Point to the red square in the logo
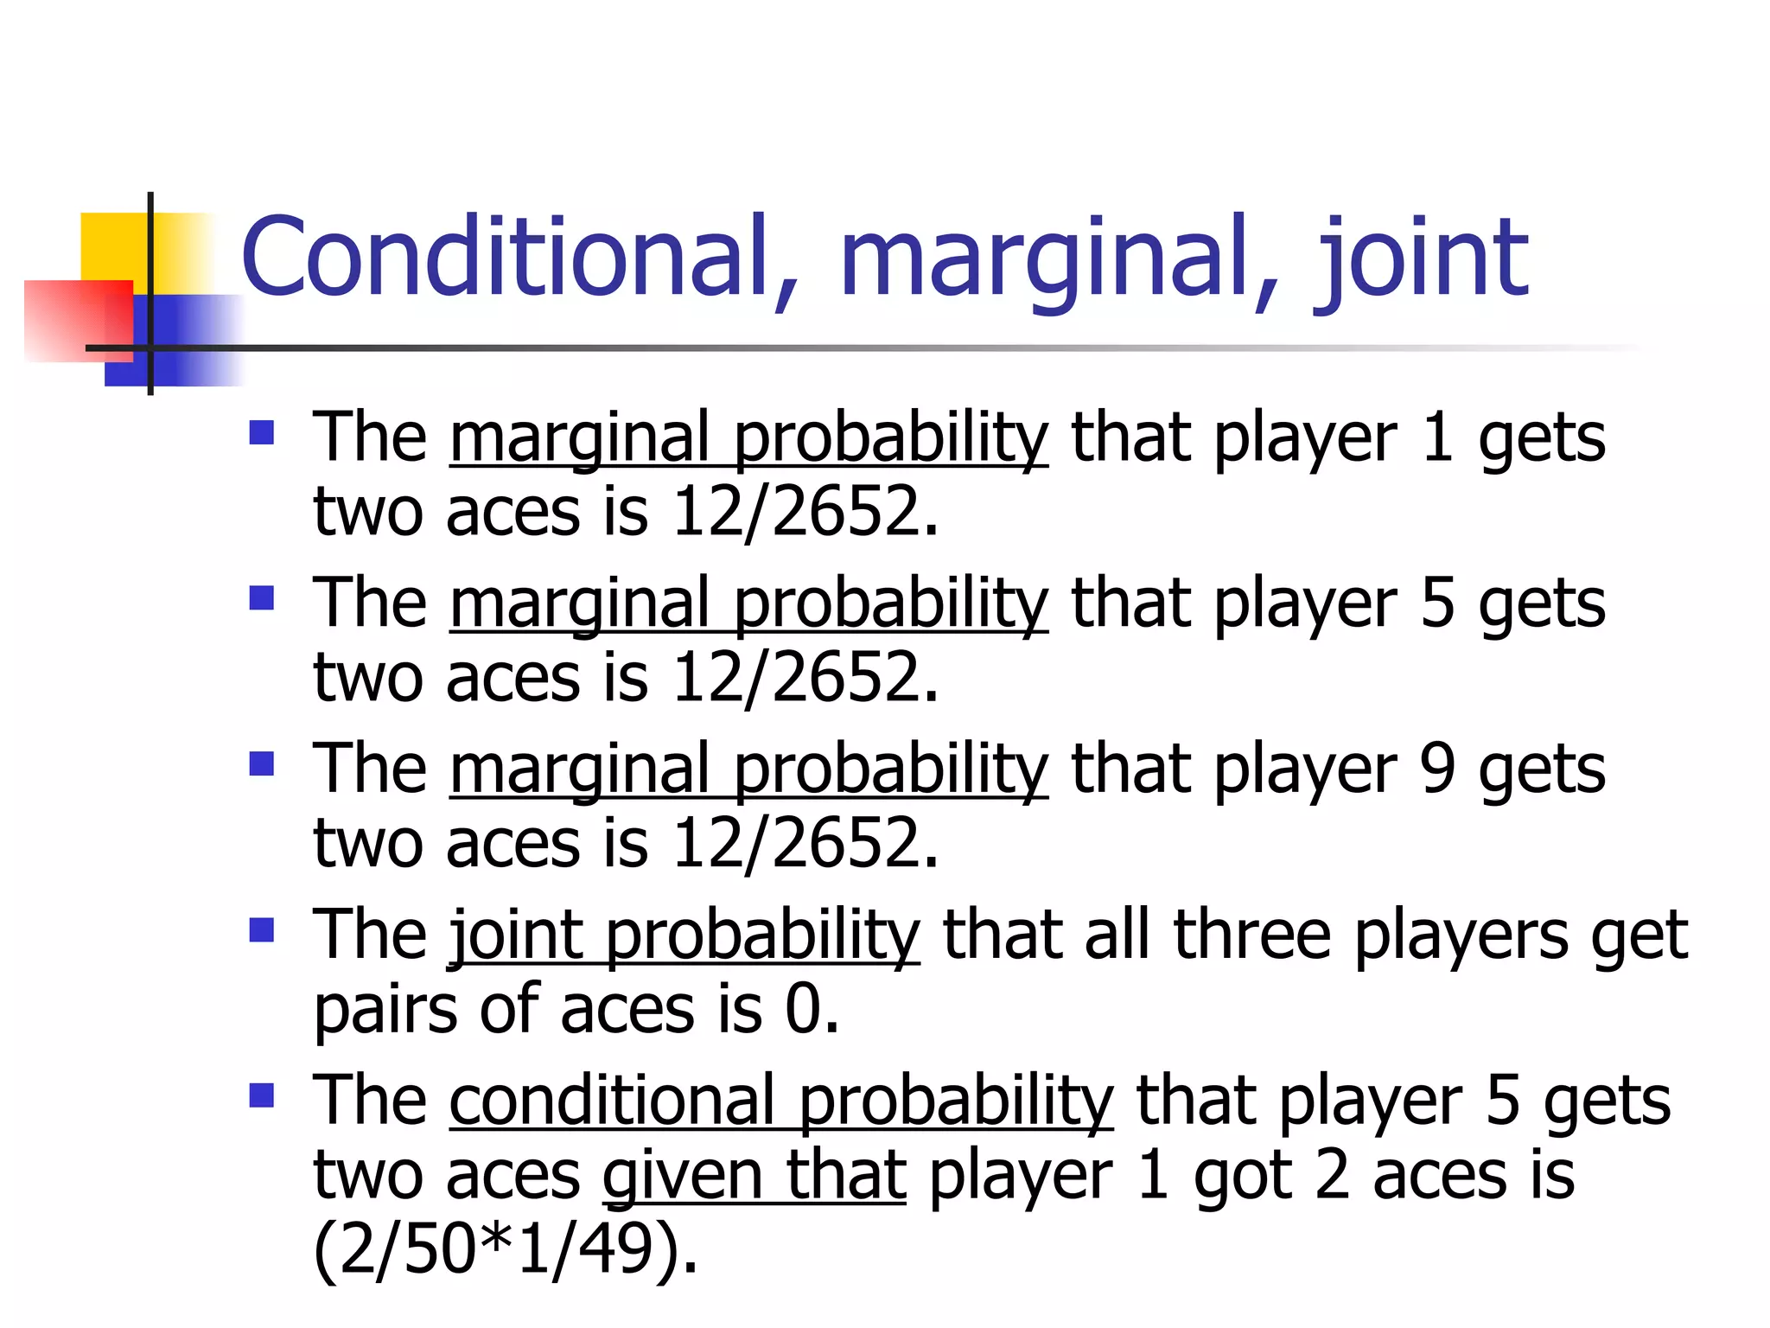78,320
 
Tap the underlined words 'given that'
754,1177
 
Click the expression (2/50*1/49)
505,1250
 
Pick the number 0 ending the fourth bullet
804,1011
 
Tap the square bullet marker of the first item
261,432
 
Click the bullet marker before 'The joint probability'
261,929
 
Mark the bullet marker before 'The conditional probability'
261,1095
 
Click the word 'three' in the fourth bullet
1252,935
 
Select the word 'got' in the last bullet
1242,1177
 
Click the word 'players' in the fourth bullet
1461,937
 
